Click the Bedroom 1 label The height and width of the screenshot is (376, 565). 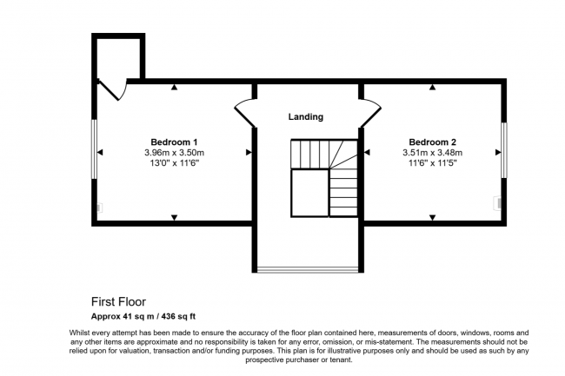pyautogui.click(x=175, y=142)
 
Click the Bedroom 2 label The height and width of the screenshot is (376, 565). pyautogui.click(x=432, y=142)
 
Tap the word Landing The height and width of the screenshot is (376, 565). pyautogui.click(x=306, y=116)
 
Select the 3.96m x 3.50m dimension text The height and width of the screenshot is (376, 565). pyautogui.click(x=175, y=153)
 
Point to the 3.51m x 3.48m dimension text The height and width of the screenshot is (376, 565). pyautogui.click(x=432, y=153)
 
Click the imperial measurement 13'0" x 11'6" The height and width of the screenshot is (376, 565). pyautogui.click(x=175, y=163)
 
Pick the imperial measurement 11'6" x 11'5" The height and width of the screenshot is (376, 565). pyautogui.click(x=432, y=163)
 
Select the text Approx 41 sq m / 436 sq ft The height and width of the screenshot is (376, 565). pyautogui.click(x=150, y=317)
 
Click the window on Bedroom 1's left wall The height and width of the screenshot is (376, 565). pyautogui.click(x=94, y=148)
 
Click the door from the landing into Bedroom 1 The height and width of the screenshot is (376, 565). pyautogui.click(x=243, y=112)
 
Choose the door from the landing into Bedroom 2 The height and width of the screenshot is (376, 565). pyautogui.click(x=370, y=112)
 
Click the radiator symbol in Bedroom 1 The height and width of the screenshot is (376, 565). pyautogui.click(x=99, y=208)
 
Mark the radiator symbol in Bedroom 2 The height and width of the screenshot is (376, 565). pyautogui.click(x=498, y=203)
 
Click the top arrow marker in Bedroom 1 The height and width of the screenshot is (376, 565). pyautogui.click(x=175, y=88)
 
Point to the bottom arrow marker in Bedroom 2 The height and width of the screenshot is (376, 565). pyautogui.click(x=432, y=217)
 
